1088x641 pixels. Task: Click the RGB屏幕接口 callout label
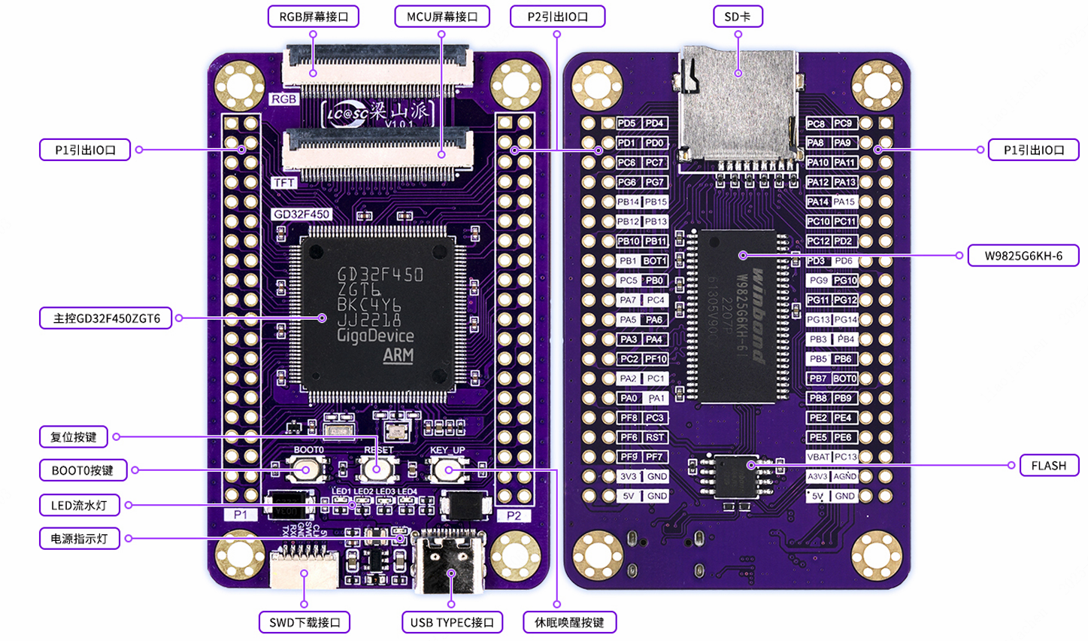pyautogui.click(x=314, y=17)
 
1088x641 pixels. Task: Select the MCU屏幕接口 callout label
pyautogui.click(x=442, y=17)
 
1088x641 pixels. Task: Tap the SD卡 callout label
pyautogui.click(x=738, y=17)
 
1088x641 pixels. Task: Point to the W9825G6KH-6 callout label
pyautogui.click(x=1023, y=256)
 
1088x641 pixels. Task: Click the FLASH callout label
pyautogui.click(x=1048, y=466)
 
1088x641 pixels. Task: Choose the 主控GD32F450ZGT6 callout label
pyautogui.click(x=106, y=318)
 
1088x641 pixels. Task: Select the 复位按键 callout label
pyautogui.click(x=74, y=437)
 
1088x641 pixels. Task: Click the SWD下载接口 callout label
pyautogui.click(x=305, y=622)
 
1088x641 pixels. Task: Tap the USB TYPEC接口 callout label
pyautogui.click(x=452, y=622)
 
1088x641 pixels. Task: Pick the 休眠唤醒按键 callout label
pyautogui.click(x=569, y=622)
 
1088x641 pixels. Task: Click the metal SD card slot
pyautogui.click(x=738, y=105)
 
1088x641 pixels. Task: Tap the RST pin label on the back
pyautogui.click(x=655, y=437)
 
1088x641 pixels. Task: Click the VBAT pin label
pyautogui.click(x=818, y=457)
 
